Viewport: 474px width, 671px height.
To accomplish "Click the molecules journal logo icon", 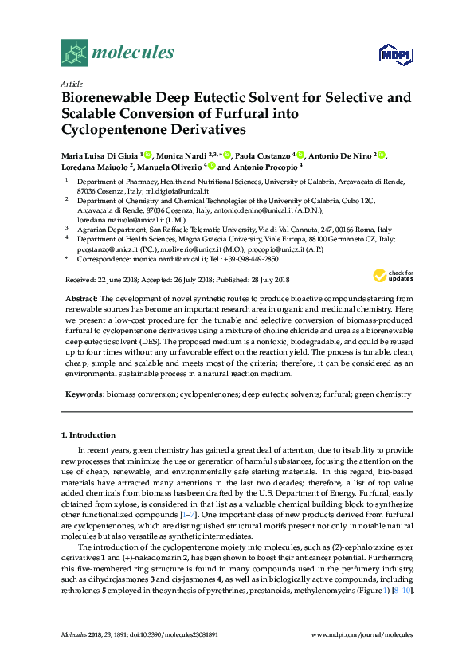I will [75, 53].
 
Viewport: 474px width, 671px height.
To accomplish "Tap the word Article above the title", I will [71, 84].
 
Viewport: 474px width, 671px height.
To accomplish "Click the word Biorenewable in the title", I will [109, 99].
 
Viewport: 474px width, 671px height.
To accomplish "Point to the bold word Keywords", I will [83, 394].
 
